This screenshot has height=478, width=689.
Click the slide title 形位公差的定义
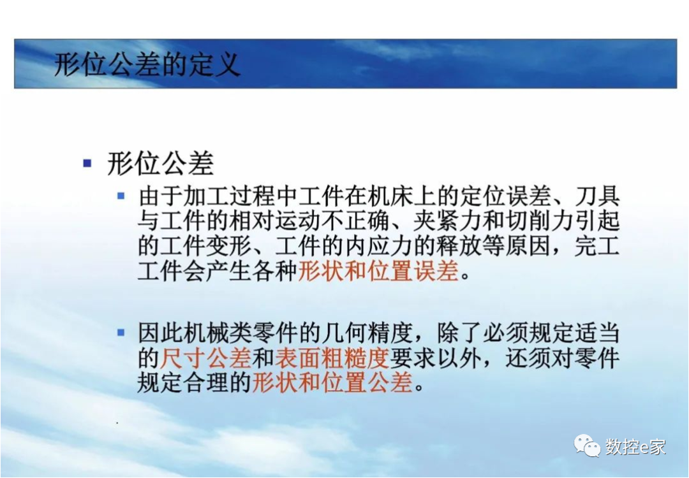(x=147, y=64)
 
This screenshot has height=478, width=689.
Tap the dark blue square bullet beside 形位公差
(x=87, y=163)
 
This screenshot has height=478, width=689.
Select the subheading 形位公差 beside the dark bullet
(x=160, y=164)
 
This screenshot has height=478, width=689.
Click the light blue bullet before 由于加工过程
(x=121, y=195)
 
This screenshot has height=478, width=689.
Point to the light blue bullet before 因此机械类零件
(x=121, y=332)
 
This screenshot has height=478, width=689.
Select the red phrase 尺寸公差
(x=205, y=358)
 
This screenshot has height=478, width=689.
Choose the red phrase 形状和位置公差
(x=332, y=383)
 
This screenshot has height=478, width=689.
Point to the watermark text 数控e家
(x=635, y=447)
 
